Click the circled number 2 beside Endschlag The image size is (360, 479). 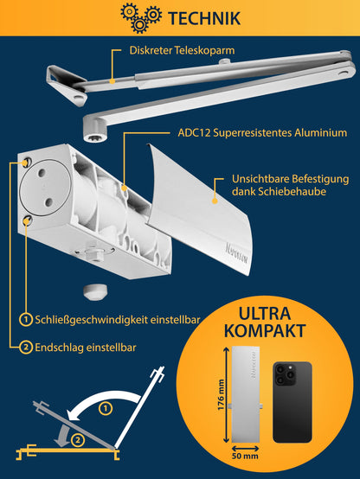28,347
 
